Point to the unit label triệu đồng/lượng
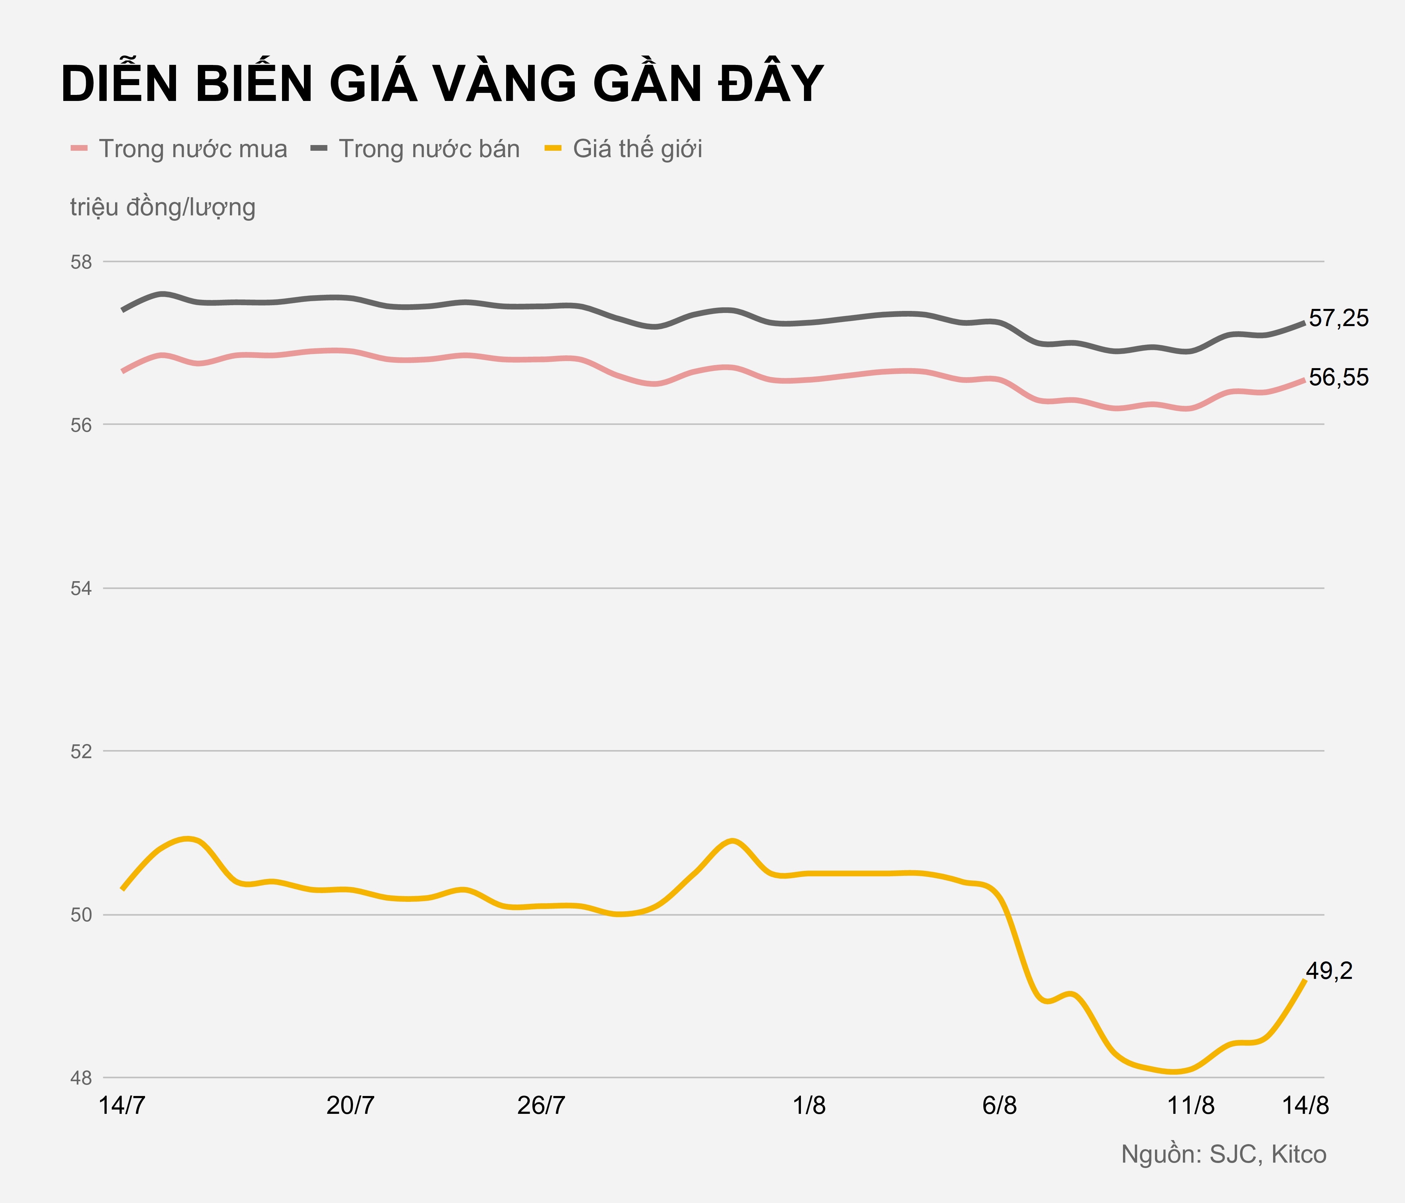pyautogui.click(x=163, y=207)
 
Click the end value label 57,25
pyautogui.click(x=1339, y=318)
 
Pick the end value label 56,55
pyautogui.click(x=1339, y=378)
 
